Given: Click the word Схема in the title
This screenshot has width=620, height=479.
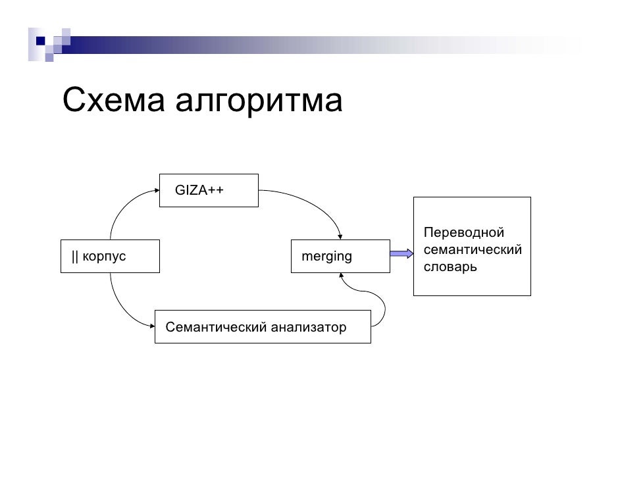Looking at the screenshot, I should click(112, 101).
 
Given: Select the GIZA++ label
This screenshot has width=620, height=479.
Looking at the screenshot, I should click(199, 191).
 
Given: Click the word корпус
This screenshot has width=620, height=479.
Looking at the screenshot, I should click(104, 257).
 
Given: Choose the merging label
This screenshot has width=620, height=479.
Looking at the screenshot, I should click(326, 257).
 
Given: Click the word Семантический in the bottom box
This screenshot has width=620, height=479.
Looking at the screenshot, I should click(207, 327).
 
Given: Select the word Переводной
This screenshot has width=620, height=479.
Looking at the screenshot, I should click(463, 233).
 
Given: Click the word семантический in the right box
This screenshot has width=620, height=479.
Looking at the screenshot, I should click(473, 250).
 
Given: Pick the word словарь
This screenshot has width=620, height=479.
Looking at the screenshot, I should click(450, 267).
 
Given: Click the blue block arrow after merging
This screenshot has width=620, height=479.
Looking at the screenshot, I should click(401, 254).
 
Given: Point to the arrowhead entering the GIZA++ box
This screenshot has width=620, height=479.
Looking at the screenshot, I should click(156, 191).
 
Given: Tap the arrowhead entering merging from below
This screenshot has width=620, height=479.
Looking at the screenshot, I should click(340, 276).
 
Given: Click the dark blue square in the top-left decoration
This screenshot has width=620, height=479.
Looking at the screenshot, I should click(40, 41).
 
